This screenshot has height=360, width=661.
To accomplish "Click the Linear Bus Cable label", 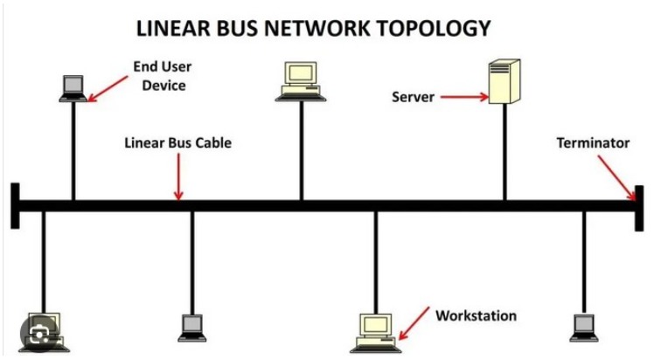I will (177, 142).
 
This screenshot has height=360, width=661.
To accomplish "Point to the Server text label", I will (413, 97).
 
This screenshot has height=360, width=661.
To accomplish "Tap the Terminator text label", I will (593, 142).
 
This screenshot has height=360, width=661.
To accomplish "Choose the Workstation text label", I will (476, 315).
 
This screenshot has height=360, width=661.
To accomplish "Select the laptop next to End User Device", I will (73, 87).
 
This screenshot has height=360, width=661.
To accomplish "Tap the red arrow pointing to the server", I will (463, 97).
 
